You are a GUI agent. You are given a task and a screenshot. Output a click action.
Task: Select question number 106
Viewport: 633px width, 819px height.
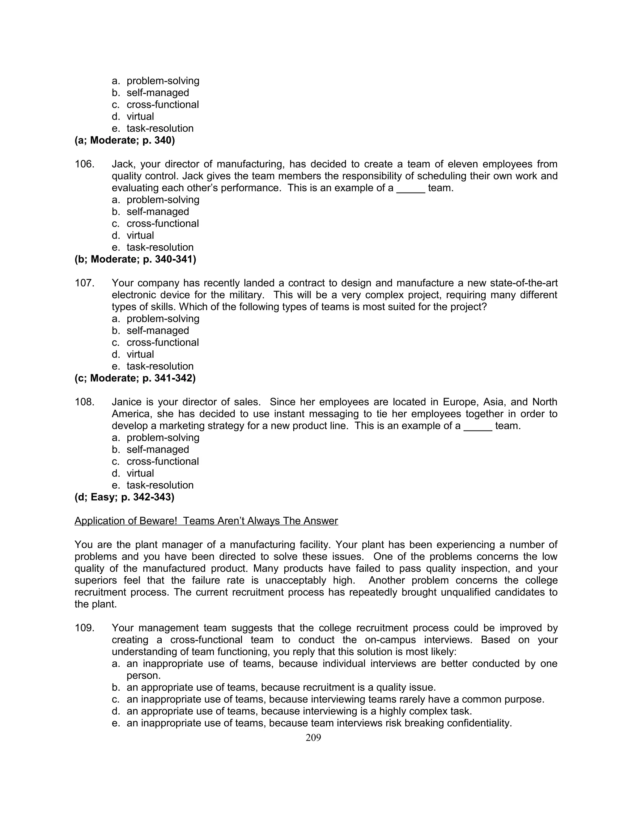coord(84,164)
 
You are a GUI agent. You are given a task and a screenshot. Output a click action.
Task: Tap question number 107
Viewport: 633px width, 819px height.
coord(84,283)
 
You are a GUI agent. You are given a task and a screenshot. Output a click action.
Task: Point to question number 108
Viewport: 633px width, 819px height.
coord(84,402)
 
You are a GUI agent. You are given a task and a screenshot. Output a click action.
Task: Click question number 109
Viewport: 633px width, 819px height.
coord(84,628)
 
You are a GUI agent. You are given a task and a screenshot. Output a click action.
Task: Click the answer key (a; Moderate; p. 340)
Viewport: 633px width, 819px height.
coord(125,140)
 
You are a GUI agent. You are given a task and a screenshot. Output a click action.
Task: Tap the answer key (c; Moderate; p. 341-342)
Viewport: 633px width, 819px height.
coord(135,378)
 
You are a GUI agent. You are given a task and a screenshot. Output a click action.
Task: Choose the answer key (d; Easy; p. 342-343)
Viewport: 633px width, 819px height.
coord(125,497)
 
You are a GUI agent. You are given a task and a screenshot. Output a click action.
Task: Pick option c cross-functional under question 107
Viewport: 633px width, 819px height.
coord(162,343)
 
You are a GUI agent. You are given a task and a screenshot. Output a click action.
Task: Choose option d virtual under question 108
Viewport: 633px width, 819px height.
coord(140,473)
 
